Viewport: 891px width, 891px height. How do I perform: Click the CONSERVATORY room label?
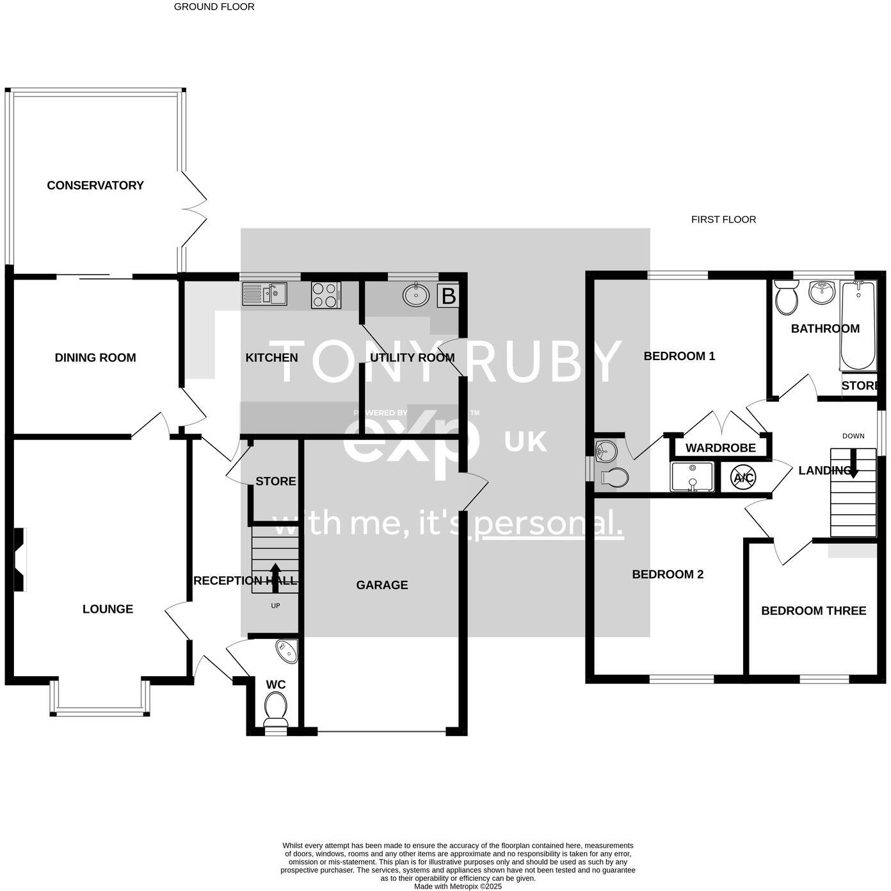tap(95, 185)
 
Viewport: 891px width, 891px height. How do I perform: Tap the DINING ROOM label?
tap(95, 358)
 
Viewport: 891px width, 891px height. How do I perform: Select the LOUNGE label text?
tap(108, 609)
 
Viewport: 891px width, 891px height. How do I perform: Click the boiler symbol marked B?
tap(449, 296)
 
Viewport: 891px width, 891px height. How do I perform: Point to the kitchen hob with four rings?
tap(326, 295)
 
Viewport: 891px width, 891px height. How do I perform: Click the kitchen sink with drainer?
tap(265, 294)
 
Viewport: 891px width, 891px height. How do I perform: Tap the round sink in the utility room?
tap(416, 294)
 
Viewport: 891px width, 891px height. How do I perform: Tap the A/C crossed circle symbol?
tap(743, 477)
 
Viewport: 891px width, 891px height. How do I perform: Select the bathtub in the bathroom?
tap(858, 326)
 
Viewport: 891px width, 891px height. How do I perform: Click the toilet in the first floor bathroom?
tap(785, 297)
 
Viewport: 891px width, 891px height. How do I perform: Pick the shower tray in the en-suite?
tap(691, 477)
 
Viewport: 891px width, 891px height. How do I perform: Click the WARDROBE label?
tap(720, 448)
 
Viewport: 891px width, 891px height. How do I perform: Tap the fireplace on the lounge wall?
tap(20, 559)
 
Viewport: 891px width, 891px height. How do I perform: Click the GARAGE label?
tap(382, 585)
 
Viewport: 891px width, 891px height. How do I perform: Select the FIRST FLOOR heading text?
tap(723, 219)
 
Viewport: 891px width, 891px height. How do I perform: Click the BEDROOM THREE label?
tap(814, 611)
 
